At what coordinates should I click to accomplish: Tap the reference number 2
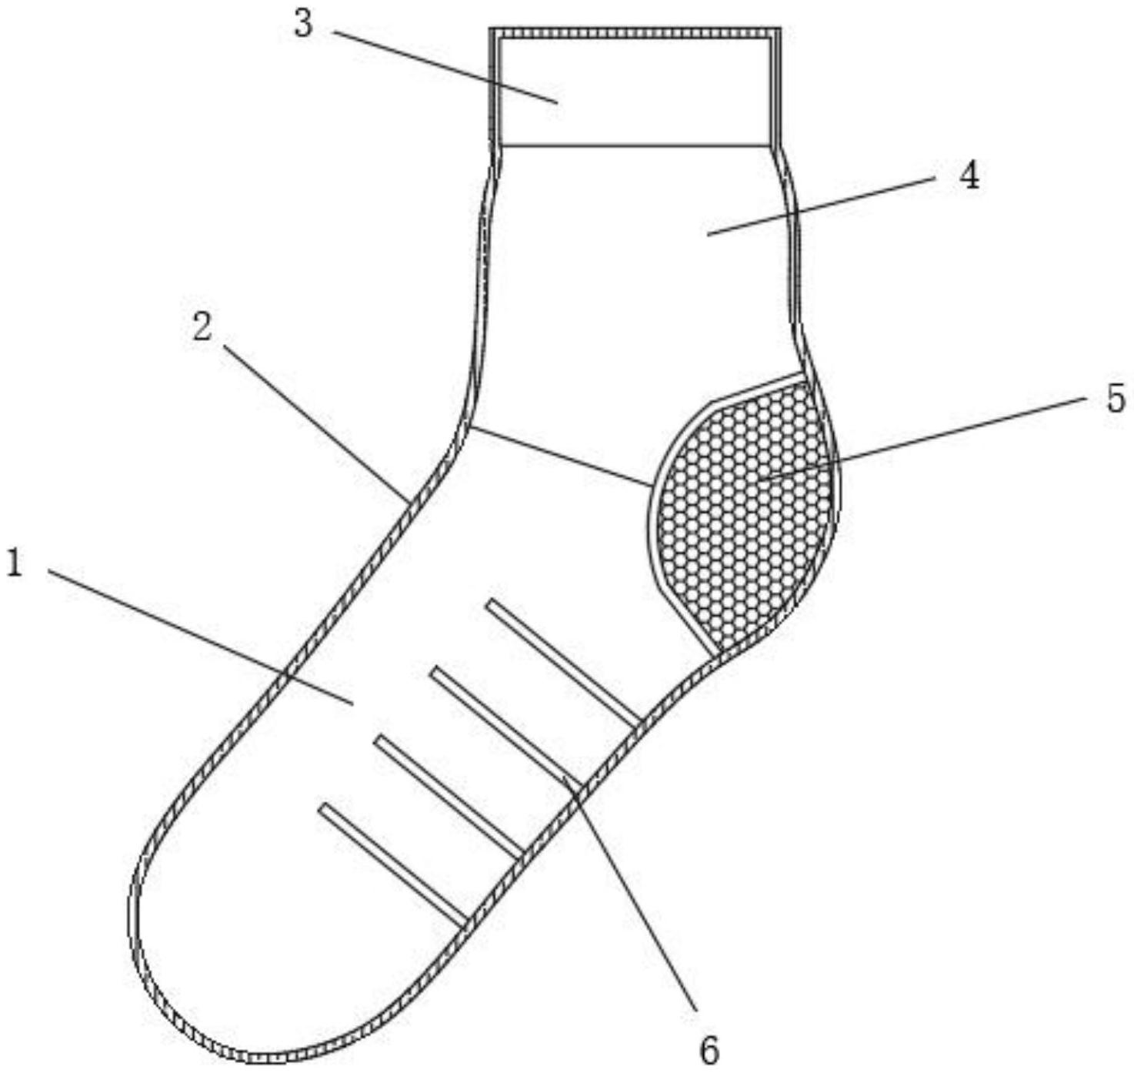[x=202, y=328]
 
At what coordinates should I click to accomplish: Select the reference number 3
[x=304, y=24]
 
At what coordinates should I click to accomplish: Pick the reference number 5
[x=1115, y=399]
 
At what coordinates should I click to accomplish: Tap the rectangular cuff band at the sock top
[x=635, y=89]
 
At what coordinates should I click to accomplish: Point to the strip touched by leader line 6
[x=504, y=724]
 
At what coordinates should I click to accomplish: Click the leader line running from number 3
[x=442, y=65]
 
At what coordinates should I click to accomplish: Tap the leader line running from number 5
[x=923, y=439]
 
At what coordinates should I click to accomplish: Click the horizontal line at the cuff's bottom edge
[x=635, y=144]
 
